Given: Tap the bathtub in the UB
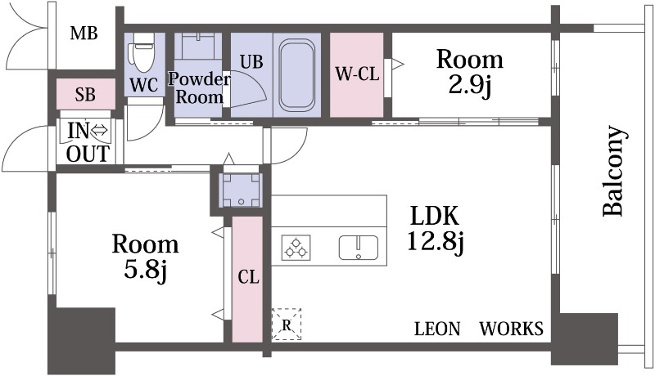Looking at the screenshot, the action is (297, 75).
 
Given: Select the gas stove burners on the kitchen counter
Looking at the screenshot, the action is (296, 248).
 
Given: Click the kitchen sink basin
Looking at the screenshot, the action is (359, 248).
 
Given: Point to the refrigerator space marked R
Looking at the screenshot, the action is (286, 325).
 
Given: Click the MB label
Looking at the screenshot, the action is (84, 34).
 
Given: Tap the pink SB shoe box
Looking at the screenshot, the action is (86, 94).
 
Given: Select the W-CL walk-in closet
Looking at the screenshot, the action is (357, 74).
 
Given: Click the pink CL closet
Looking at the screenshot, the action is (247, 279).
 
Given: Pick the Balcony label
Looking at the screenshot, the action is (614, 171).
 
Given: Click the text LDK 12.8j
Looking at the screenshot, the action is (435, 229).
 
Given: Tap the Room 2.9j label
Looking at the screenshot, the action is (469, 73).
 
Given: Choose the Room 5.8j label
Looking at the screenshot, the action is (146, 257).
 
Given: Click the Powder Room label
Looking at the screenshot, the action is (199, 88).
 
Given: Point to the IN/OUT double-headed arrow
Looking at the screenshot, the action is (99, 131).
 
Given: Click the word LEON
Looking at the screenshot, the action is (437, 329).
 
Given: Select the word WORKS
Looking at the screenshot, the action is (511, 329).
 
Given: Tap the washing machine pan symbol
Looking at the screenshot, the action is (241, 190).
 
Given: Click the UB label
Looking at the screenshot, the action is (251, 61).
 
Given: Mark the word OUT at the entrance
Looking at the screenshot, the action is (88, 154).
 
